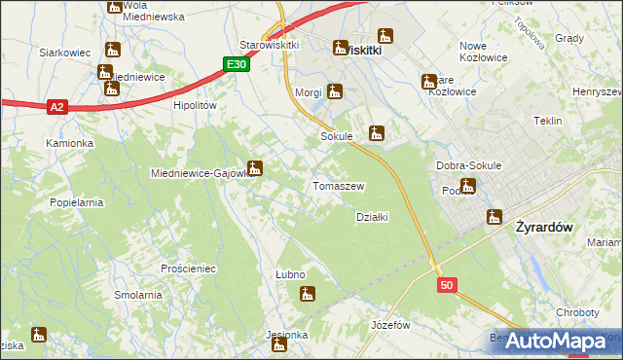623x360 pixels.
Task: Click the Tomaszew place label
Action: [x=338, y=186]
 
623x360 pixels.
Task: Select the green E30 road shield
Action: [x=235, y=64]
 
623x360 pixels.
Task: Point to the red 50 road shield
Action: [x=447, y=285]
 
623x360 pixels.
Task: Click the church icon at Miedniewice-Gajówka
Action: [x=255, y=168]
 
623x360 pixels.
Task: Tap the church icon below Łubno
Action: [x=308, y=293]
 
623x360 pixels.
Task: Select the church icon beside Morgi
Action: [x=335, y=92]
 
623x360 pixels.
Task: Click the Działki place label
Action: [x=373, y=217]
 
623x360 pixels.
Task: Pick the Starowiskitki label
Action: [x=270, y=45]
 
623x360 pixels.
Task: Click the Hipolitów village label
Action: [x=194, y=105]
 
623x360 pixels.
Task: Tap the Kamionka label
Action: [x=69, y=143]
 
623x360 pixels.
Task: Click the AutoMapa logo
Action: [x=556, y=341]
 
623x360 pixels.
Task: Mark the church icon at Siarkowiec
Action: [x=112, y=50]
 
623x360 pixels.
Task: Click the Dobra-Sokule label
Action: [x=469, y=165]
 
